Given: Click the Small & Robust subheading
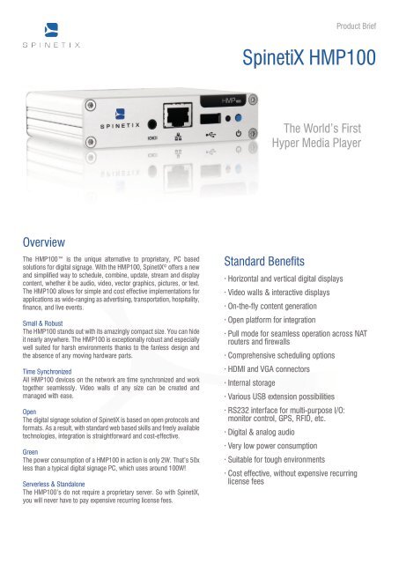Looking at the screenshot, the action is pyautogui.click(x=49, y=323).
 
